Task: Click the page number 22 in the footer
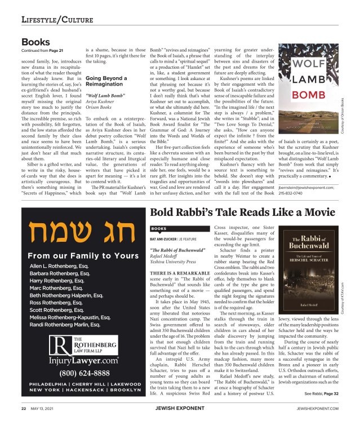coord(24,408)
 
